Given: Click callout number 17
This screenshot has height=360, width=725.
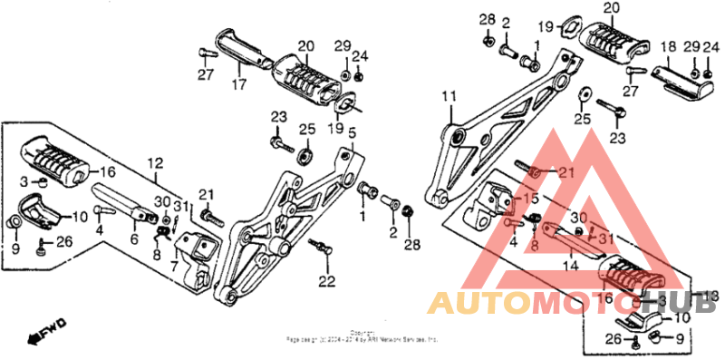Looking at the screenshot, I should tap(239, 86).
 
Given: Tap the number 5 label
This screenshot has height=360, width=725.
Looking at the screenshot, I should tap(352, 133).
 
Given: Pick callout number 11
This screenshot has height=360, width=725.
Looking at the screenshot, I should tap(448, 96).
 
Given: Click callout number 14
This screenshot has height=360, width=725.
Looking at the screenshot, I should tap(570, 267).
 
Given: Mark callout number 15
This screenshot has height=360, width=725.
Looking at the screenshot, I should tap(532, 198).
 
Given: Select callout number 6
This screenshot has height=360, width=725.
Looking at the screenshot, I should tap(134, 239).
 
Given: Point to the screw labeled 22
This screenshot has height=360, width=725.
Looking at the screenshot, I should tap(318, 246).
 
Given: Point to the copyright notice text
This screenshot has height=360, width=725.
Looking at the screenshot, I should tap(362, 336).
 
